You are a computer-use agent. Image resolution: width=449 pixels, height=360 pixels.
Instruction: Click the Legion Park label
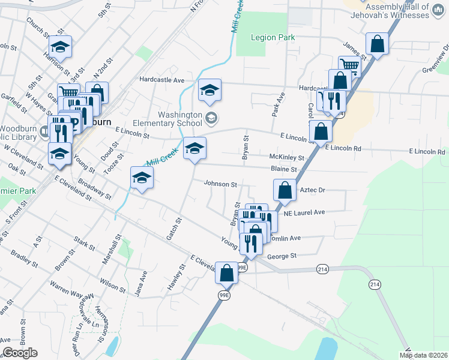click(273, 37)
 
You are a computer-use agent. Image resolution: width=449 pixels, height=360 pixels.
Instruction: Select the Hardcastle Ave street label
click(161, 79)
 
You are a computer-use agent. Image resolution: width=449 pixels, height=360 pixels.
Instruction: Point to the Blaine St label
click(284, 169)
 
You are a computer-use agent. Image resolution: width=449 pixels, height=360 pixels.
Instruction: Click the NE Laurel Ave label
click(304, 212)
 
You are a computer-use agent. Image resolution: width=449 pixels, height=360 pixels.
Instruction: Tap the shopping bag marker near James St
click(378, 44)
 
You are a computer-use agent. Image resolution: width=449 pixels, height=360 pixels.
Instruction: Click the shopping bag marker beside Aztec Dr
click(285, 190)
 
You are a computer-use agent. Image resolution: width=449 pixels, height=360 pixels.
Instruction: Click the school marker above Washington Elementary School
click(209, 90)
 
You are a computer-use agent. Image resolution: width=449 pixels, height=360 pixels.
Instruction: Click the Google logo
click(20, 353)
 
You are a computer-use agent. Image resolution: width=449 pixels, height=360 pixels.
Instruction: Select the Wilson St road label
click(113, 284)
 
